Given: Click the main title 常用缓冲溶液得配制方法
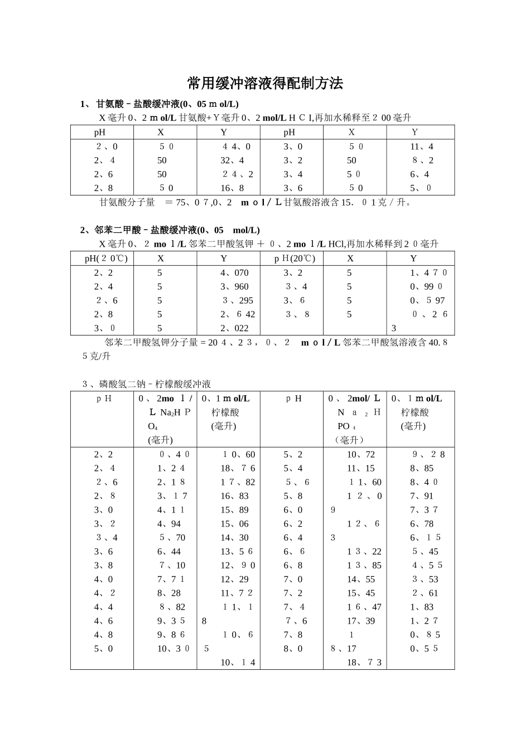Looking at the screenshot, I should (x=265, y=84).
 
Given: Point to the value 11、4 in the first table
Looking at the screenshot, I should (x=422, y=147).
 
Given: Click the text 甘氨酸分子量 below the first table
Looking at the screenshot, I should (x=127, y=202).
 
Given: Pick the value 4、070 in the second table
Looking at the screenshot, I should (x=234, y=273).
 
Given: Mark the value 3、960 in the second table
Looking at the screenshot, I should (x=234, y=286).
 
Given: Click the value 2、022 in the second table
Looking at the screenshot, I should (x=234, y=328).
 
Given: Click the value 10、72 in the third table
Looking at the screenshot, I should (x=361, y=455).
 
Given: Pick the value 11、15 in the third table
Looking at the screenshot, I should (x=361, y=469).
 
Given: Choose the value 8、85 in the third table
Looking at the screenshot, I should (x=422, y=469).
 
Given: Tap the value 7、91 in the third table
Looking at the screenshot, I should (x=422, y=496).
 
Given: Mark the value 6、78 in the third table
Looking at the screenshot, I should (x=422, y=524).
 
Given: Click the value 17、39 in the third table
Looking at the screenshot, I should (x=361, y=621).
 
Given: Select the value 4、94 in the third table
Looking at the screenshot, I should (x=169, y=524).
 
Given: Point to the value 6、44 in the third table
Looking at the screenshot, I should (x=169, y=552).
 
